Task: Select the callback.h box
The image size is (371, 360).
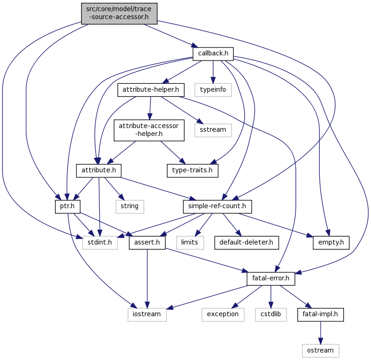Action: point(213,54)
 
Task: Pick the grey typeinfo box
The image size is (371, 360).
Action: point(213,89)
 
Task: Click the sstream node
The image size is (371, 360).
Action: point(213,129)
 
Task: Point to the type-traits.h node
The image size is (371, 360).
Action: point(192,170)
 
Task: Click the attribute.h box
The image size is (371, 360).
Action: point(99,170)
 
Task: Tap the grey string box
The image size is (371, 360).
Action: point(130,206)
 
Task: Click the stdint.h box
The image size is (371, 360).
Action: point(100,242)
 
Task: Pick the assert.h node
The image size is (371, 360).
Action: point(147,242)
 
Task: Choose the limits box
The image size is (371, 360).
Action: point(190,242)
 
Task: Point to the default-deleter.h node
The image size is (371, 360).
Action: point(247,242)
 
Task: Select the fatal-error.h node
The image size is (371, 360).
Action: point(271,278)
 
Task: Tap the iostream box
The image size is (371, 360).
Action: point(147,314)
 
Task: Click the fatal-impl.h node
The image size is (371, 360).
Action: point(321,314)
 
